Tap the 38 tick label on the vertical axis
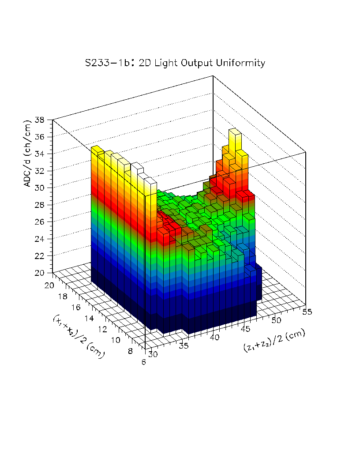pyautogui.click(x=40, y=120)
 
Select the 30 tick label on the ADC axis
pyautogui.click(x=40, y=188)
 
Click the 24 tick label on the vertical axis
pyautogui.click(x=40, y=239)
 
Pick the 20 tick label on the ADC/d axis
pyautogui.click(x=40, y=273)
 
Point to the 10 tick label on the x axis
pyautogui.click(x=116, y=340)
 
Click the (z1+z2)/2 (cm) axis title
pyautogui.click(x=274, y=341)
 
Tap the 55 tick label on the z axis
pyautogui.click(x=307, y=312)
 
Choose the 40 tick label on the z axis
pyautogui.click(x=215, y=338)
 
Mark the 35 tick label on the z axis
pyautogui.click(x=184, y=346)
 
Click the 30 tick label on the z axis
pyautogui.click(x=153, y=354)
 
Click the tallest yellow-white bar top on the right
pyautogui.click(x=234, y=131)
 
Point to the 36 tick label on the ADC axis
pyautogui.click(x=40, y=137)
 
